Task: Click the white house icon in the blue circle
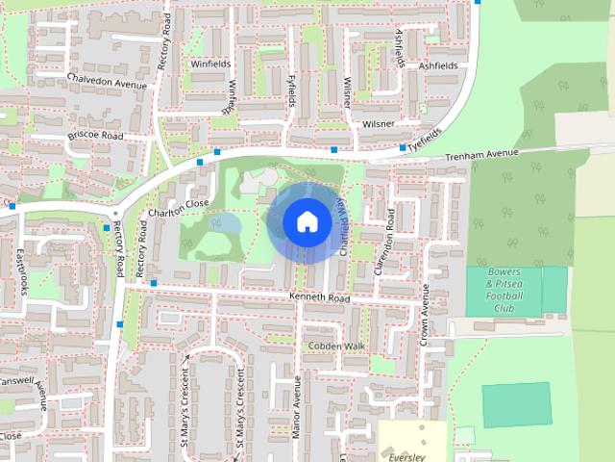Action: click(x=306, y=222)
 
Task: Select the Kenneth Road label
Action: click(x=320, y=299)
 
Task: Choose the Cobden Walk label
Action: click(x=336, y=346)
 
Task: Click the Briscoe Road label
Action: click(x=96, y=137)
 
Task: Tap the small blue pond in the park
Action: click(x=229, y=224)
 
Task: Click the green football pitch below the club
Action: click(x=517, y=404)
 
